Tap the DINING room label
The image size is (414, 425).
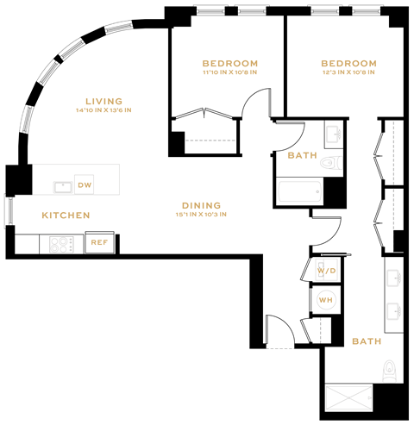tap(201, 205)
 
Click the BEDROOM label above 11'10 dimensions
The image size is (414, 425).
tap(229, 63)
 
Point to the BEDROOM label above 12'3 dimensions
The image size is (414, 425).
tap(348, 63)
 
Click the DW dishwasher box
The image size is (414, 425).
tap(84, 185)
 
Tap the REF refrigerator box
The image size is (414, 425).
tap(99, 243)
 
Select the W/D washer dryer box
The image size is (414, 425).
tap(326, 272)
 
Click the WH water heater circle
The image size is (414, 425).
tap(326, 299)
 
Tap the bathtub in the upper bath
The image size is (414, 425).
tap(298, 191)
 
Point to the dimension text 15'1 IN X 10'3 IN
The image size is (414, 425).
tap(201, 215)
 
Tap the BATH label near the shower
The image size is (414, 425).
tap(366, 341)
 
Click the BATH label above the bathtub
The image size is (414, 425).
tap(302, 156)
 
